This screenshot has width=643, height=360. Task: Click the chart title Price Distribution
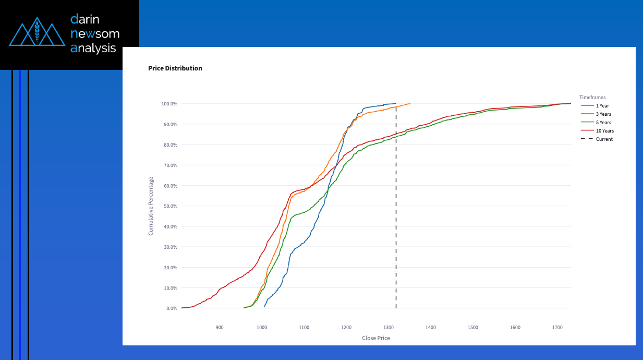175,68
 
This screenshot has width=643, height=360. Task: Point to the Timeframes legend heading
592,98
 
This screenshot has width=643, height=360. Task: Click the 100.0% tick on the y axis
169,104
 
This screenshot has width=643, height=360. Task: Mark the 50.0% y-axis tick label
171,206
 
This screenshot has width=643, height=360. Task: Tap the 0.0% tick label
172,308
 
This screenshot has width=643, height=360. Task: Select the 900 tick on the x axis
220,327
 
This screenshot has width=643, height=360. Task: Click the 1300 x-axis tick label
389,327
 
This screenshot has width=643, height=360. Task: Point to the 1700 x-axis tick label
557,327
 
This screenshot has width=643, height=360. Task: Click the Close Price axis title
376,338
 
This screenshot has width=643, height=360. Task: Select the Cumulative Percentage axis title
151,206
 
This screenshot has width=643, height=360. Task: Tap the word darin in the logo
85,19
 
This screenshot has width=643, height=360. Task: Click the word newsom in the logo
95,34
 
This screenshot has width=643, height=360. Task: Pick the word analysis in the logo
93,48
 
